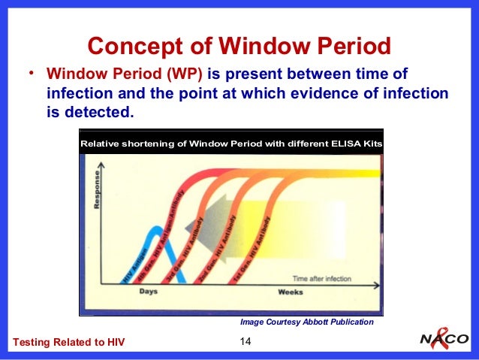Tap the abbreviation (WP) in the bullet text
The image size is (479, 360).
pyautogui.click(x=185, y=75)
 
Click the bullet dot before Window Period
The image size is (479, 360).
pyautogui.click(x=32, y=74)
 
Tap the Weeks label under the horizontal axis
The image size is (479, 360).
pyautogui.click(x=290, y=292)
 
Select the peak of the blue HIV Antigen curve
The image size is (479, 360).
pyautogui.click(x=154, y=229)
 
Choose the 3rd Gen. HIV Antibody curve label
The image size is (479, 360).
pyautogui.click(x=185, y=249)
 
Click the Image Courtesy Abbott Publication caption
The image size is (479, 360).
pyautogui.click(x=306, y=322)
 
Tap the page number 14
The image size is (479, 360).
pyautogui.click(x=244, y=343)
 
